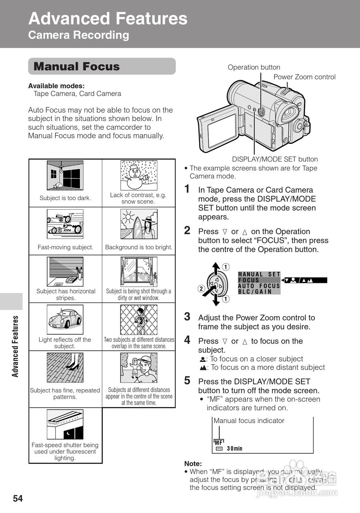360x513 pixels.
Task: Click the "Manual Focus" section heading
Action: tap(77, 67)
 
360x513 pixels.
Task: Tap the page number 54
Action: tap(18, 499)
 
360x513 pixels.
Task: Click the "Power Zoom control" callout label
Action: tap(304, 77)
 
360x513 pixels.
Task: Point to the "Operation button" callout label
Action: tap(254, 67)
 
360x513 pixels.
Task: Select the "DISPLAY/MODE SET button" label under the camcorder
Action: tap(275, 159)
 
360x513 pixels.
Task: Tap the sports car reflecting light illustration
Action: tap(65, 319)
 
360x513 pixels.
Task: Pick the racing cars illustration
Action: tap(65, 223)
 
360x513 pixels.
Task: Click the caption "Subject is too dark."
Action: tap(65, 198)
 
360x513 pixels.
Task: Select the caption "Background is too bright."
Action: tap(139, 247)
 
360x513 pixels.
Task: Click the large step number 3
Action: tap(187, 317)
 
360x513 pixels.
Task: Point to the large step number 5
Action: tap(187, 381)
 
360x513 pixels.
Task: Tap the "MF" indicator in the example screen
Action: tap(219, 442)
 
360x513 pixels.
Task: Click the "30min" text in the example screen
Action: tap(234, 449)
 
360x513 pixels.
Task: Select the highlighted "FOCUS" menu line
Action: tap(249, 280)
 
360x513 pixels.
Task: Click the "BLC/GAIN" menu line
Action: tap(255, 292)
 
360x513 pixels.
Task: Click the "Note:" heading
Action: tap(193, 464)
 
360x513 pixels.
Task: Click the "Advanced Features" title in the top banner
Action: tap(108, 19)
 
